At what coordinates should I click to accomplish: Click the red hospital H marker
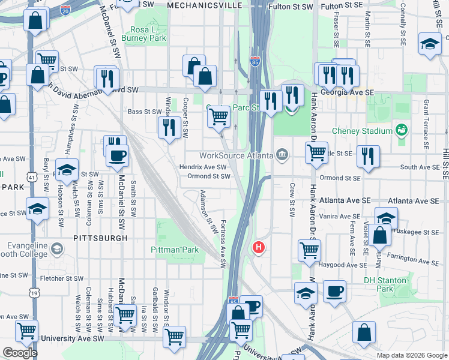[x=259, y=247]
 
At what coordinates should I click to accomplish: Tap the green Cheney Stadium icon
[x=401, y=130]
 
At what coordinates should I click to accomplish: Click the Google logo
[x=19, y=353]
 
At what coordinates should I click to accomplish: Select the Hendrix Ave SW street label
[x=202, y=167]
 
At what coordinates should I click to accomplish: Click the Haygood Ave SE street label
[x=340, y=265]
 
